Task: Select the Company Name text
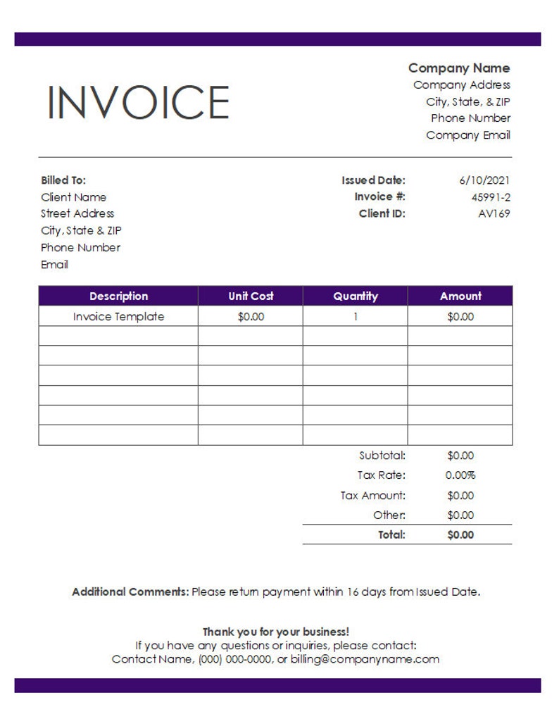[x=459, y=68]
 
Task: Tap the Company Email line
[x=468, y=135]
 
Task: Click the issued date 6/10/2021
[x=484, y=180]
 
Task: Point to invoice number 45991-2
[x=491, y=197]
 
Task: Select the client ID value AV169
[x=494, y=214]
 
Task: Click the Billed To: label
[x=63, y=180]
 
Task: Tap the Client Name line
[x=73, y=197]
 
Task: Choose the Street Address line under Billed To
[x=77, y=213]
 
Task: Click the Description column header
[x=118, y=296]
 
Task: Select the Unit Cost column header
[x=251, y=296]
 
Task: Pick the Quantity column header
[x=356, y=296]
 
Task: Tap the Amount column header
[x=460, y=296]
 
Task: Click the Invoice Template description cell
[x=118, y=317]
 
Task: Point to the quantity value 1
[x=356, y=317]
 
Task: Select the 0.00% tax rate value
[x=460, y=475]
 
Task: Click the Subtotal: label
[x=382, y=456]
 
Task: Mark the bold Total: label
[x=391, y=535]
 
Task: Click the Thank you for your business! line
[x=276, y=632]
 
